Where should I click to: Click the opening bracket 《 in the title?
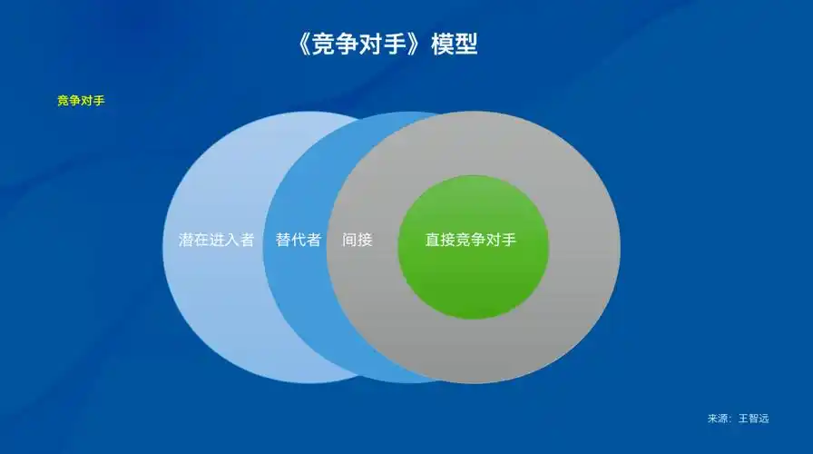pyautogui.click(x=304, y=44)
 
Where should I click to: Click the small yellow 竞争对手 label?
pyautogui.click(x=81, y=101)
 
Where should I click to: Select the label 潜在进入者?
pyautogui.click(x=216, y=241)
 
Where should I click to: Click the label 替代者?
pyautogui.click(x=299, y=241)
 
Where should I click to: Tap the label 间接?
pyautogui.click(x=358, y=241)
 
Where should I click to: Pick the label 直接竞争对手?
pyautogui.click(x=471, y=241)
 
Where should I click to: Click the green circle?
pyautogui.click(x=473, y=281)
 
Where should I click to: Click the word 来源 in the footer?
pyautogui.click(x=718, y=419)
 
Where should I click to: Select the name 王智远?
pyautogui.click(x=753, y=419)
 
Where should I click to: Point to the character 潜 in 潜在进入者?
pyautogui.click(x=186, y=241)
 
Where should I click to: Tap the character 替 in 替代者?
pyautogui.click(x=283, y=241)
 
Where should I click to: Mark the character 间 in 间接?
pyautogui.click(x=350, y=241)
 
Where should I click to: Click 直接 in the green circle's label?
pyautogui.click(x=440, y=241)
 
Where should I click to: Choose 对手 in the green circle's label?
pyautogui.click(x=502, y=241)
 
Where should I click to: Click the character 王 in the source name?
pyautogui.click(x=743, y=419)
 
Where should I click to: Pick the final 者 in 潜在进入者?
pyautogui.click(x=247, y=241)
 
